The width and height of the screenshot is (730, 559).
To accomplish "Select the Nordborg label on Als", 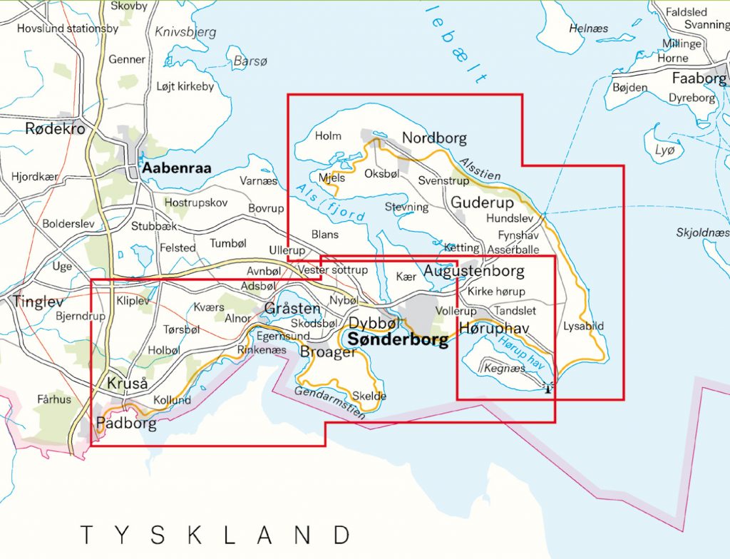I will (x=433, y=138).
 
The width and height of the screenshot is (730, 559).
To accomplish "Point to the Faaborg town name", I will (x=698, y=78).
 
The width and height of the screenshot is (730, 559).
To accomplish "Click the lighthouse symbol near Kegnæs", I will (x=547, y=388).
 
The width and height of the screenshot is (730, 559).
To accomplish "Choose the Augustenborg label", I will (x=473, y=271).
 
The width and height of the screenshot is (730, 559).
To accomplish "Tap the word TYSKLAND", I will (x=215, y=534).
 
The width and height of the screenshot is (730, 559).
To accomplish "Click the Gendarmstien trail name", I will (x=327, y=404).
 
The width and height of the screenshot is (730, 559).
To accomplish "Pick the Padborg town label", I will (x=125, y=423).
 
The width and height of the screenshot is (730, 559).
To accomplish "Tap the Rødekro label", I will (x=55, y=128).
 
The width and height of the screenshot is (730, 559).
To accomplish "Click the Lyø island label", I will (x=664, y=150).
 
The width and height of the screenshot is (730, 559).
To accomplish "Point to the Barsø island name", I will (x=250, y=62).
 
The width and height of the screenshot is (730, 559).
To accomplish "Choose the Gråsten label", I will (x=292, y=309).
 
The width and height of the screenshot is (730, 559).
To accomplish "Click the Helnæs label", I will (x=589, y=28).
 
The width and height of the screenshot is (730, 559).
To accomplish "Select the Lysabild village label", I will (x=583, y=326).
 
